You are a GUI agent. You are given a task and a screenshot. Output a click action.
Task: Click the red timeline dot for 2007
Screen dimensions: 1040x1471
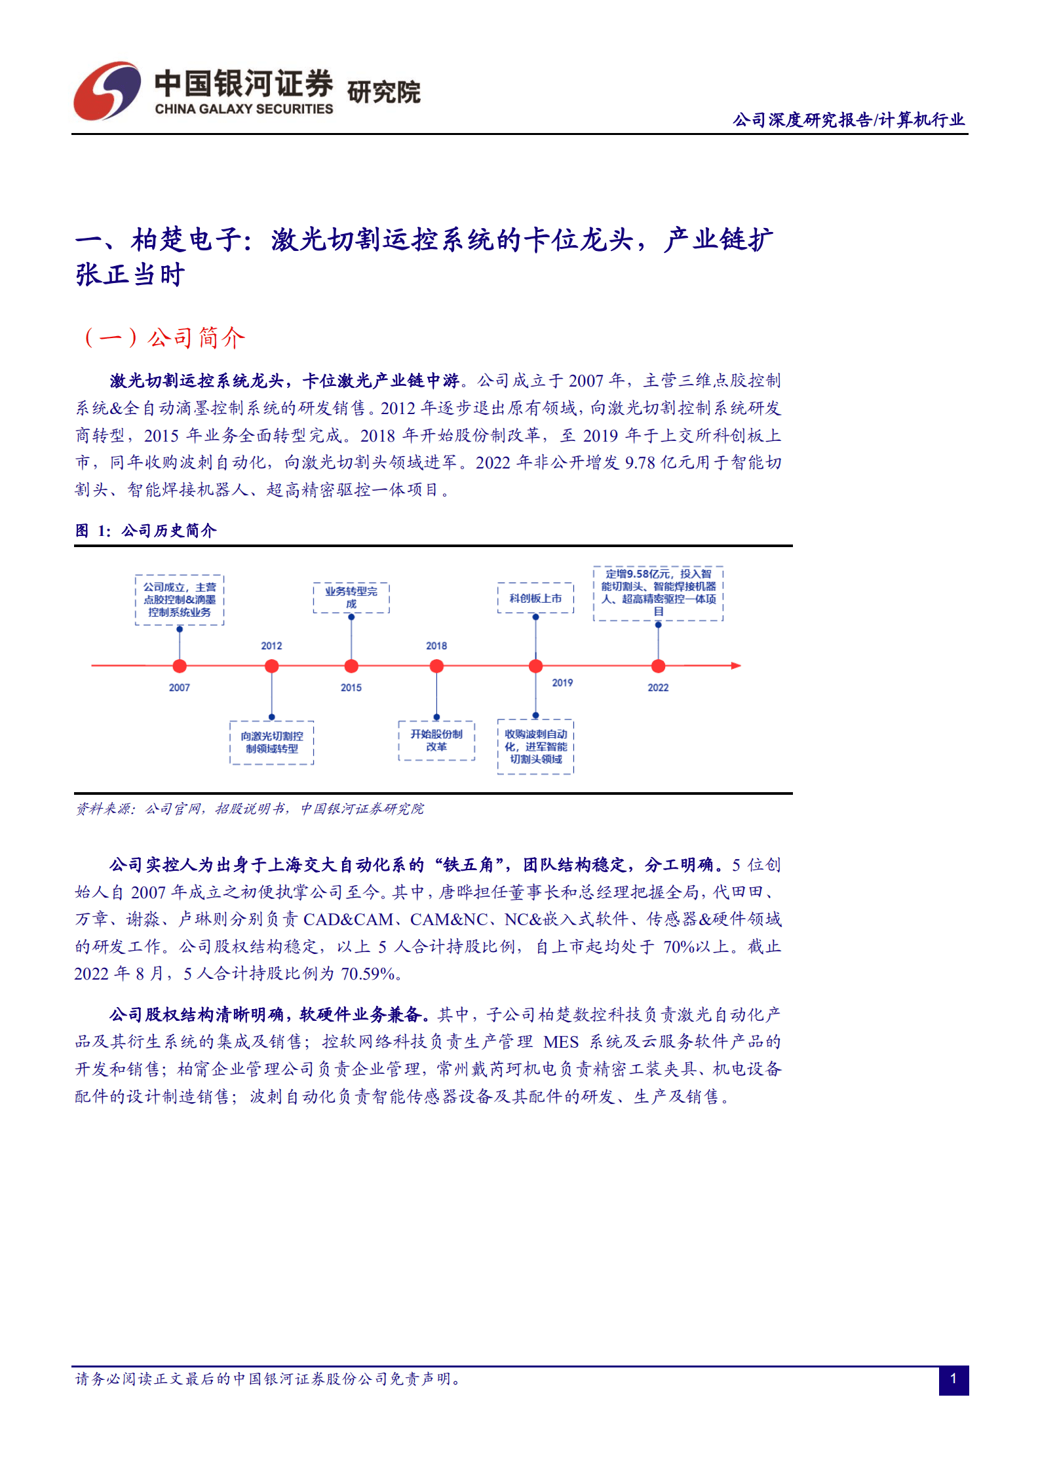[x=180, y=666]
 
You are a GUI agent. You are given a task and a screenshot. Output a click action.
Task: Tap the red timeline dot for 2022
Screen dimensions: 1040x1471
[x=658, y=666]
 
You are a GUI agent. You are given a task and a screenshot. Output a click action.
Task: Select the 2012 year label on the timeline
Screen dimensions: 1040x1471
[x=271, y=646]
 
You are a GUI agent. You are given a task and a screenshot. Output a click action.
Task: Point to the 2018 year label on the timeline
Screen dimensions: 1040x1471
[x=436, y=646]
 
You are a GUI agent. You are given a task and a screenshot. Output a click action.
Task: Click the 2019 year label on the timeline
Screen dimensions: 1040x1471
[x=562, y=683]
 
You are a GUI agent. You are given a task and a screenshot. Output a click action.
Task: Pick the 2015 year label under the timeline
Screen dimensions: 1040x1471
[x=351, y=687]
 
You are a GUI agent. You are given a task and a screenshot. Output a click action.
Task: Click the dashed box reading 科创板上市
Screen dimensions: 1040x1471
[x=535, y=598]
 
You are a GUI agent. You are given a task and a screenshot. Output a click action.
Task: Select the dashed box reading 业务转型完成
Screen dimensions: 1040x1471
[x=351, y=598]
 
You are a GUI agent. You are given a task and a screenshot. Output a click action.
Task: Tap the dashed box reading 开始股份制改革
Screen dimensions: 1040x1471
[x=436, y=740]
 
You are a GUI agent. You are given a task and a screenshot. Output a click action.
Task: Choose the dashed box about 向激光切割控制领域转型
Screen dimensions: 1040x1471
[x=272, y=742]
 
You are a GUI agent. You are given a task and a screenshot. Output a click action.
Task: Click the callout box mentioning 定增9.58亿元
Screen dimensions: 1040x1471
[x=659, y=593]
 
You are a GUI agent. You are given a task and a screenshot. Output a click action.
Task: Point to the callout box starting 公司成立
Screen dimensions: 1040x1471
[x=180, y=600]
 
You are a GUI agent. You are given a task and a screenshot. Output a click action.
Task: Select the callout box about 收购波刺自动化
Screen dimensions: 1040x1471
[x=535, y=746]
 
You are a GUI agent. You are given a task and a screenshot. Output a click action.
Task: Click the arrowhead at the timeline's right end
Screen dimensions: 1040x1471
[x=736, y=666]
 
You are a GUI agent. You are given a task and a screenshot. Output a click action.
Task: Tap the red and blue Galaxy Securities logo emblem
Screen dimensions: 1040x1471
[x=107, y=91]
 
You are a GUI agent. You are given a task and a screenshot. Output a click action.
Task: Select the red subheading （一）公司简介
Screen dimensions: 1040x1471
[x=164, y=337]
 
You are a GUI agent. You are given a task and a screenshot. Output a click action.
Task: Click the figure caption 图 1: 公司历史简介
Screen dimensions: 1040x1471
[x=145, y=530]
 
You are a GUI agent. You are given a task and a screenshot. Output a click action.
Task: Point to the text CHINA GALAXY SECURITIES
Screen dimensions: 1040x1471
[x=244, y=109]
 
